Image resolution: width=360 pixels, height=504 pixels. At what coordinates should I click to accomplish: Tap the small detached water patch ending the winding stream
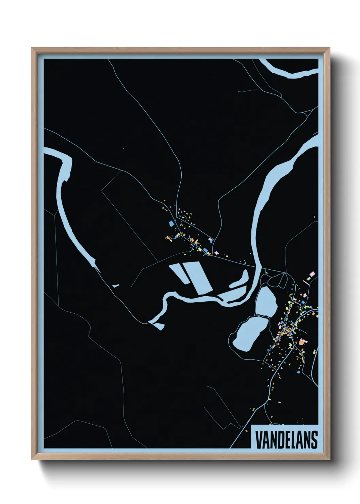(159, 326)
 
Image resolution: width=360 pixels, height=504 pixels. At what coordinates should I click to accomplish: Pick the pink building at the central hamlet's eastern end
(216, 253)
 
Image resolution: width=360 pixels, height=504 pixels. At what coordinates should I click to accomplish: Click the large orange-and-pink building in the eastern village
(303, 342)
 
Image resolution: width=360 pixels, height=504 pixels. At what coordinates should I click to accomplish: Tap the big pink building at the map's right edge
(312, 274)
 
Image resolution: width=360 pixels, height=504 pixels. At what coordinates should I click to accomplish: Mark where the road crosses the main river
(259, 268)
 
